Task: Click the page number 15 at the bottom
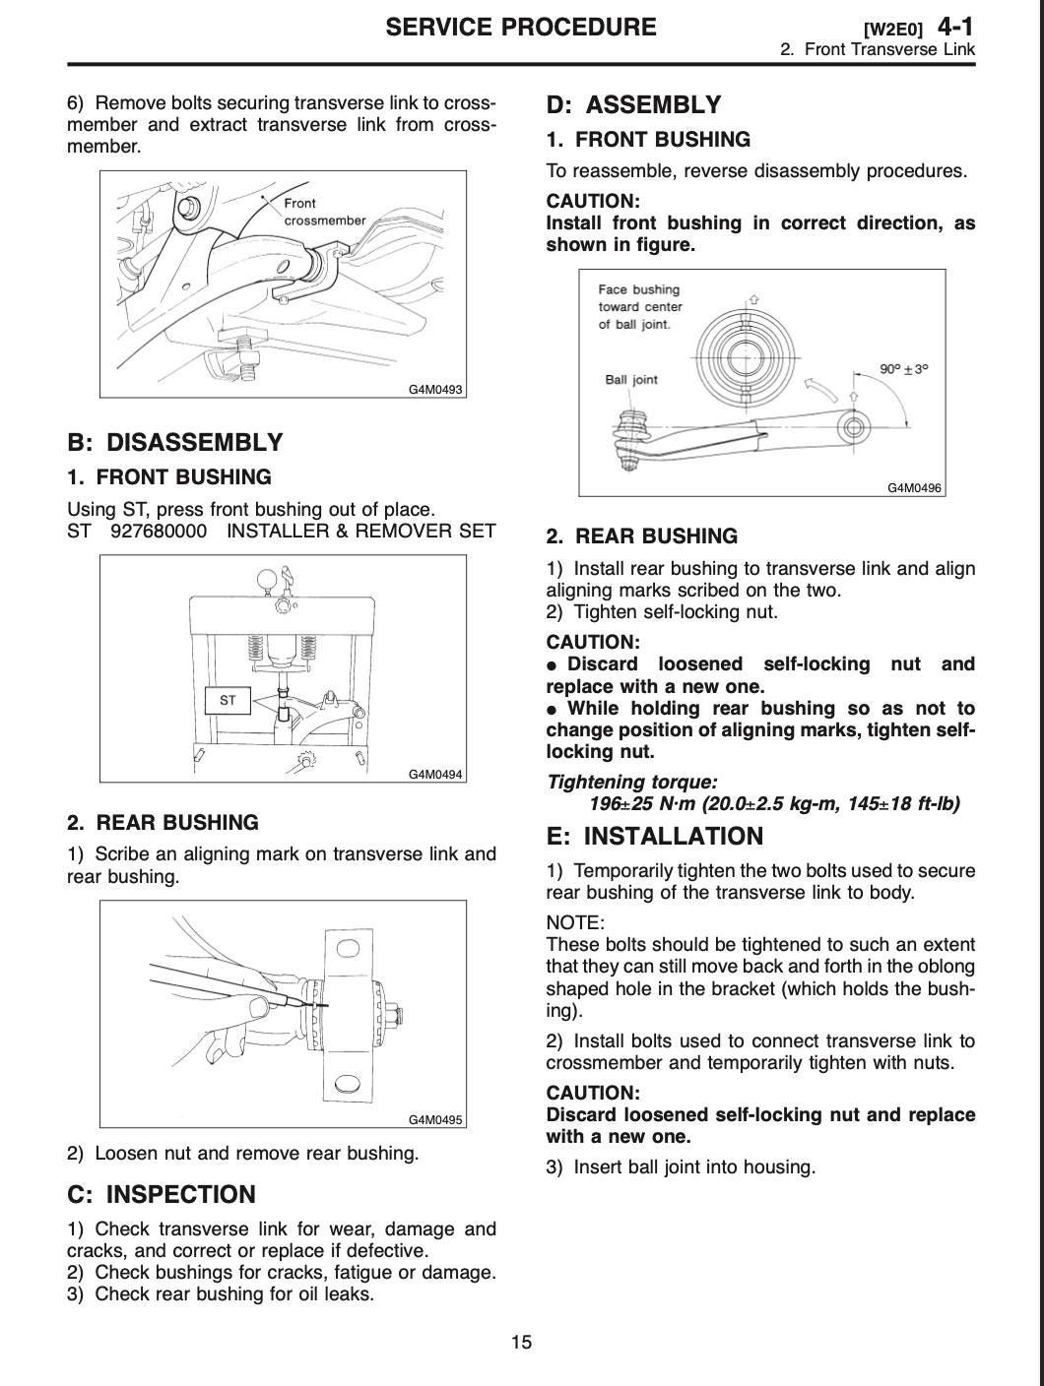pyautogui.click(x=521, y=1342)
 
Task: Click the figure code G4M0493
pyautogui.click(x=435, y=389)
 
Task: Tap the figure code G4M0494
pyautogui.click(x=435, y=774)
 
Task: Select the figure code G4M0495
pyautogui.click(x=435, y=1119)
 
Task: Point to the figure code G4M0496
pyautogui.click(x=914, y=487)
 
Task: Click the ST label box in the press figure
pyautogui.click(x=228, y=701)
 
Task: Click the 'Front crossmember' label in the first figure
pyautogui.click(x=323, y=212)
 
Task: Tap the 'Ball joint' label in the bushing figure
pyautogui.click(x=631, y=380)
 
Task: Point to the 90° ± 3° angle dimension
pyautogui.click(x=903, y=369)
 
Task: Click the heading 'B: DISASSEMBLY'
pyautogui.click(x=174, y=442)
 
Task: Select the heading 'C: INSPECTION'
pyautogui.click(x=161, y=1194)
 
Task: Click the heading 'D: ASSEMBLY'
pyautogui.click(x=633, y=104)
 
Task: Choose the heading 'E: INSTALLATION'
pyautogui.click(x=654, y=836)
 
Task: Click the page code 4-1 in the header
pyautogui.click(x=954, y=27)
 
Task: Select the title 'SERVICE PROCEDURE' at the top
pyautogui.click(x=520, y=27)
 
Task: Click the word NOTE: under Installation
pyautogui.click(x=575, y=922)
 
